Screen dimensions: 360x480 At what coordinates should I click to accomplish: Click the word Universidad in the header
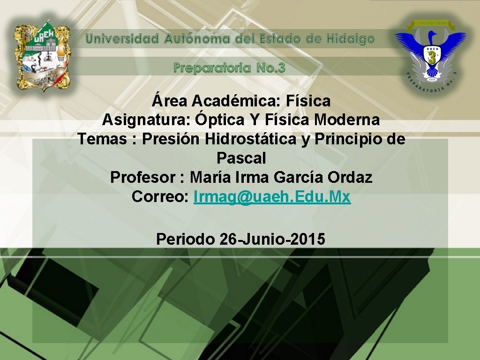[x=123, y=39]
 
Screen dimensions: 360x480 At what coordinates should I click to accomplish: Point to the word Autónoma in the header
[x=197, y=39]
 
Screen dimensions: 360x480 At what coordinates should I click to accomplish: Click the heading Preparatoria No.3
[x=229, y=68]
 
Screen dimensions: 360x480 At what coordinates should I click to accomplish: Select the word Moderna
[x=347, y=120]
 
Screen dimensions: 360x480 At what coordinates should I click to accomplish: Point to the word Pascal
[x=241, y=158]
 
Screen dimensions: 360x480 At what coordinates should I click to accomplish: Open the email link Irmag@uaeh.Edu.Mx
[x=272, y=197]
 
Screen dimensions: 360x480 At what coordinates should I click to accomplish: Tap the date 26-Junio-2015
[x=272, y=239]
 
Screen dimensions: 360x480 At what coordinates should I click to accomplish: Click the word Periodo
[x=186, y=239]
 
